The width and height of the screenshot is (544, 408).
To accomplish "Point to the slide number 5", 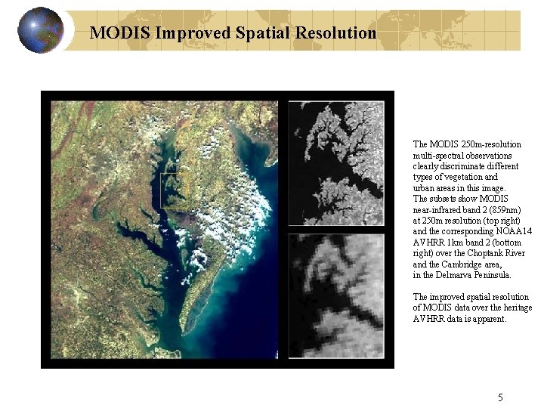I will tap(500, 397).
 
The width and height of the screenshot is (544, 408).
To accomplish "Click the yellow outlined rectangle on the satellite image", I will tap(175, 191).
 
